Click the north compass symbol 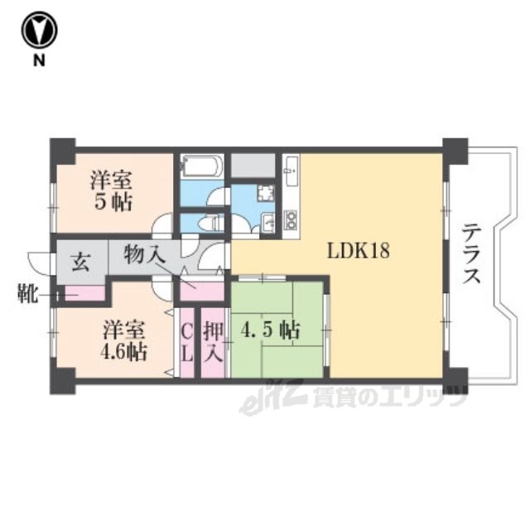(x=40, y=30)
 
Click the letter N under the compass (x=39, y=60)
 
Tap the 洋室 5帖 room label (x=112, y=191)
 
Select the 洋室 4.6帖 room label (x=124, y=340)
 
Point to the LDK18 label (x=359, y=251)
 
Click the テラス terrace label (x=471, y=254)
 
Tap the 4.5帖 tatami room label (x=271, y=330)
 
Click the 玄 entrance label (x=81, y=262)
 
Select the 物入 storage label (x=144, y=254)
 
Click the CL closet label (x=187, y=343)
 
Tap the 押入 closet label (x=214, y=343)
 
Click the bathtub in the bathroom (x=201, y=166)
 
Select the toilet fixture (x=211, y=224)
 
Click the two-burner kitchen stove (x=291, y=219)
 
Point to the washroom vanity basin (x=268, y=223)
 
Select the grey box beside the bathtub (x=253, y=166)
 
